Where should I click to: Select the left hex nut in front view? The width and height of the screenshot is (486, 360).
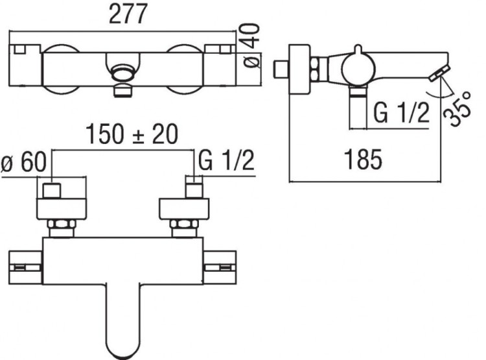point(63,228)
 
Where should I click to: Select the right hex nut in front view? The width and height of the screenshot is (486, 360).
point(183,228)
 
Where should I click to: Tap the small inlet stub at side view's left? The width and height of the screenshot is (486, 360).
point(281,67)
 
